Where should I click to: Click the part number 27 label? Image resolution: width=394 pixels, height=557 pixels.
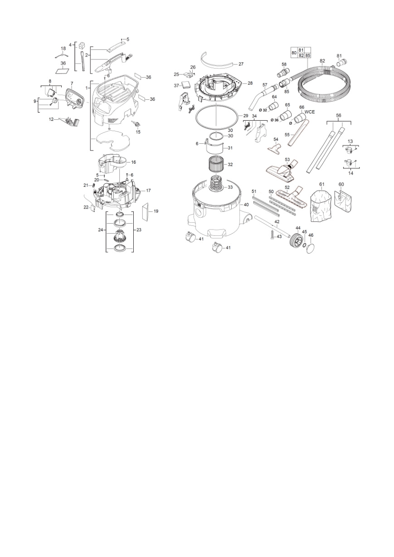241,64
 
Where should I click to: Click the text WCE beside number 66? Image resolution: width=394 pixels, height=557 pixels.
310,112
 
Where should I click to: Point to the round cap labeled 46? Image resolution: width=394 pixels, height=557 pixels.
311,249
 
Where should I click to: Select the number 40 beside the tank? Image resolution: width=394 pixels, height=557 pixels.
246,205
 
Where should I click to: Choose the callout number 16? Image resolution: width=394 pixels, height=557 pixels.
133,162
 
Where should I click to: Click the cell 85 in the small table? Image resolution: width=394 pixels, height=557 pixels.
308,55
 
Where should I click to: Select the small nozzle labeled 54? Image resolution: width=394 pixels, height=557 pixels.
274,148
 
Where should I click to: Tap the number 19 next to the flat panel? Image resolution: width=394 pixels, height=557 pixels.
156,211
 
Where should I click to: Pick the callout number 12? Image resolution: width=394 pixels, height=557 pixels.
51,119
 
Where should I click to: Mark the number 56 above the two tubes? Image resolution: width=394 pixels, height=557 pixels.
339,115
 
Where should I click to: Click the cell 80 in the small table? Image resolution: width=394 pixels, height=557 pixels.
294,53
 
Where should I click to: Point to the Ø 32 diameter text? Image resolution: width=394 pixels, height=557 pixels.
263,110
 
